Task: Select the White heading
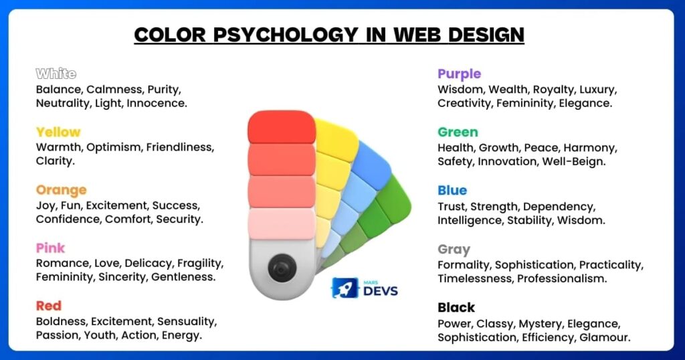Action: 56,74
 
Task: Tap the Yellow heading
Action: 58,132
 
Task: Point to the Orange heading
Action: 62,190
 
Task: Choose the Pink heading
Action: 51,248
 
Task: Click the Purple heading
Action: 460,74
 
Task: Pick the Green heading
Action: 458,132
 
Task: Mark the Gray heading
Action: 454,250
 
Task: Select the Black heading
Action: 456,308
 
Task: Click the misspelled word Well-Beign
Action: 576,161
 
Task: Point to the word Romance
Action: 62,263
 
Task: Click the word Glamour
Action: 605,337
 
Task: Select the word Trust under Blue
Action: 453,205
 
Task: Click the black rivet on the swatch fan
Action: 281,269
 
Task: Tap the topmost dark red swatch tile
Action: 282,127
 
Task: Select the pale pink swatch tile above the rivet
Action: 282,223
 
